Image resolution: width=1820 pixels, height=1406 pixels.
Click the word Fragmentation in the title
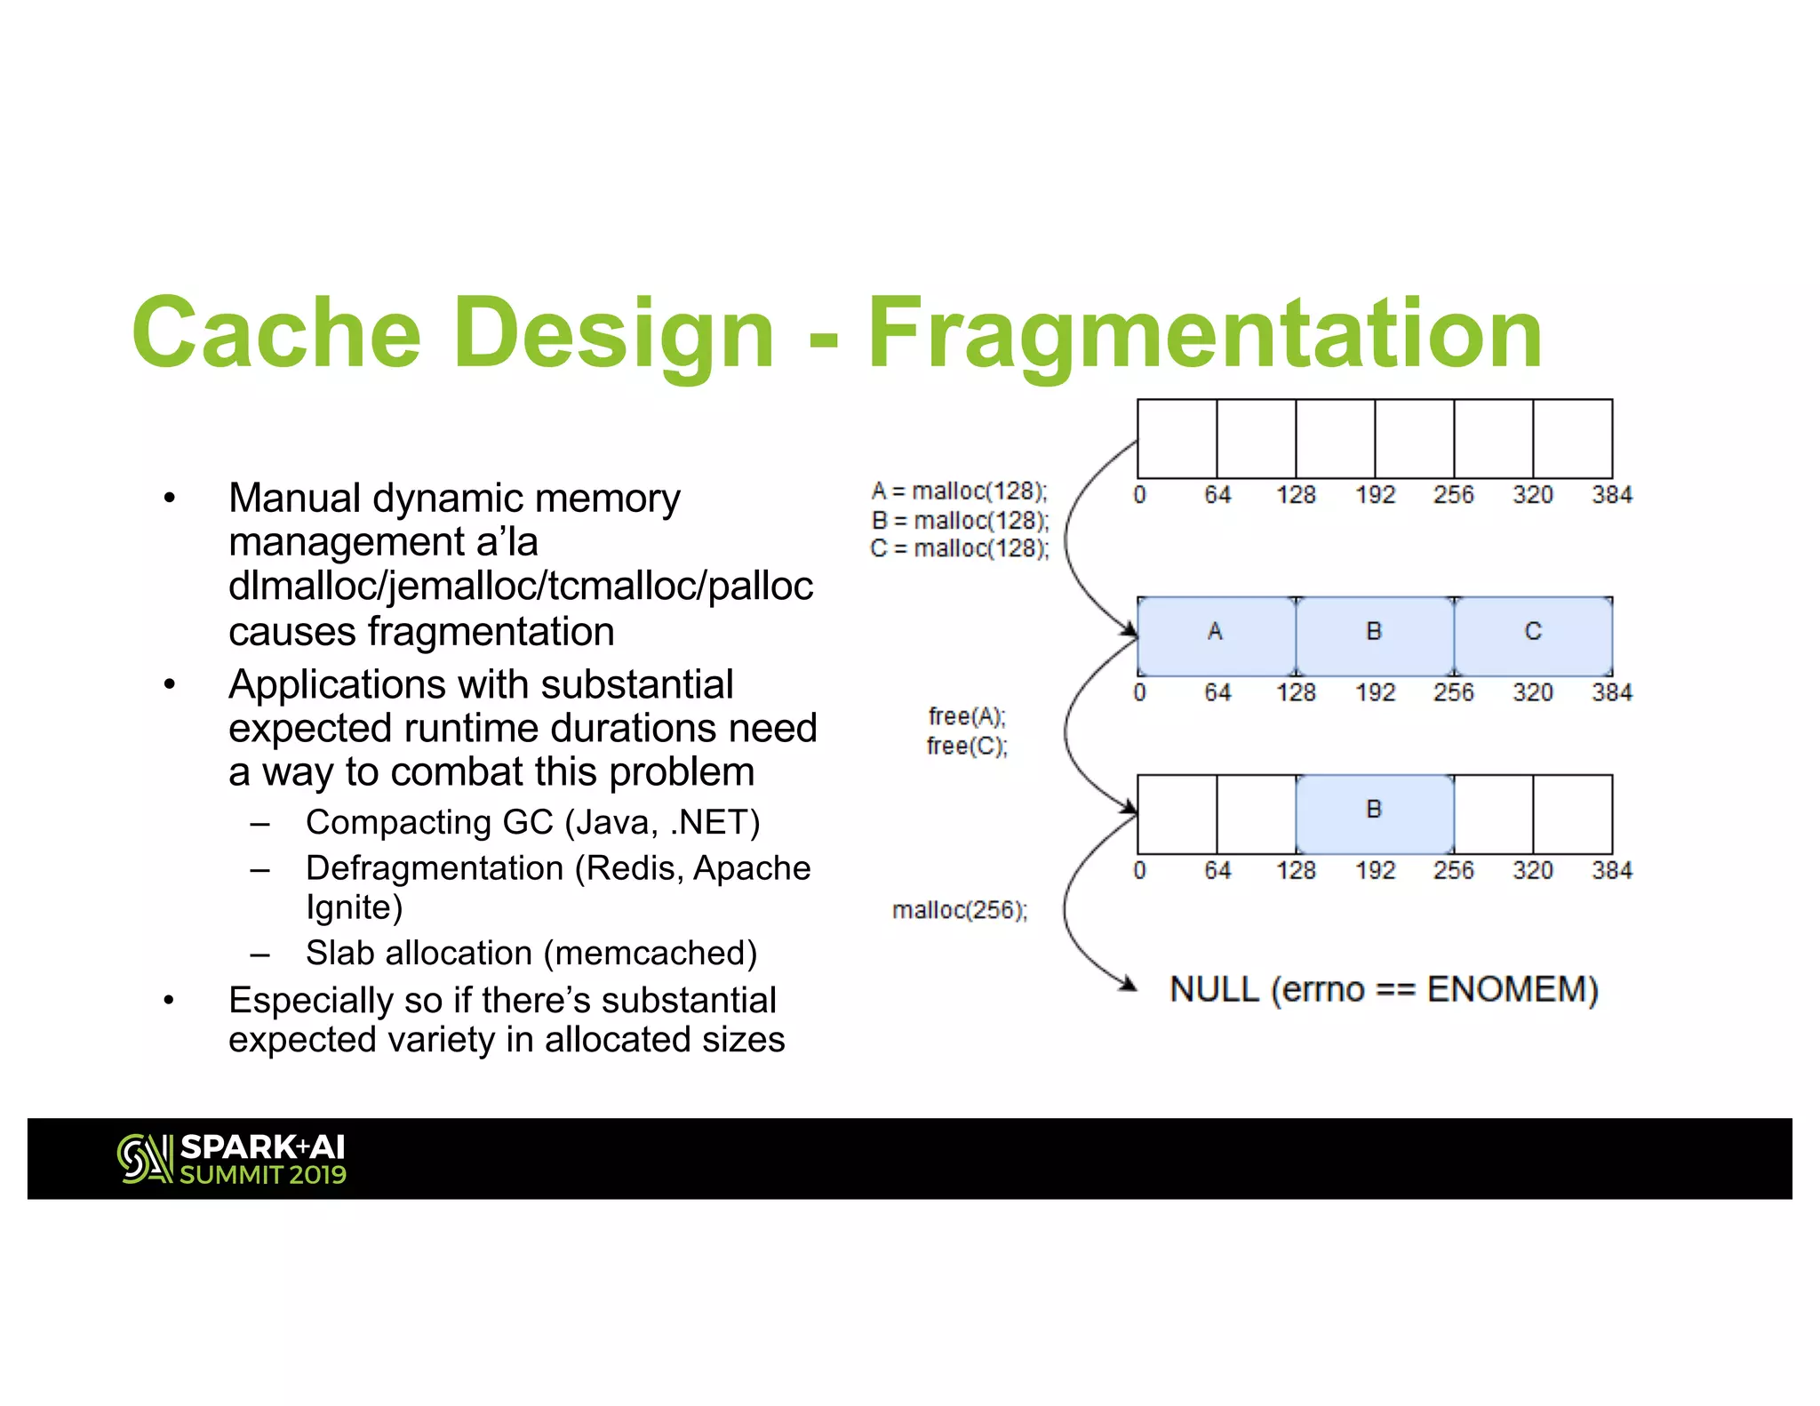click(1204, 333)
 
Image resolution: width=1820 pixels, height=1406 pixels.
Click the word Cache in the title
click(275, 333)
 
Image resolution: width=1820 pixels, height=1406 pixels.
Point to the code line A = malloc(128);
click(960, 491)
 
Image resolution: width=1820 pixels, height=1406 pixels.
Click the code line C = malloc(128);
click(960, 548)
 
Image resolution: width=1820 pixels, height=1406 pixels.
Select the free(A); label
click(967, 716)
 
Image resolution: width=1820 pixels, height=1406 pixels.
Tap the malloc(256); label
click(960, 910)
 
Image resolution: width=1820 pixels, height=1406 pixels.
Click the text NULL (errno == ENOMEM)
click(1384, 989)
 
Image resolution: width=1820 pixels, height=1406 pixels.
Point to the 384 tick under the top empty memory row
click(1611, 495)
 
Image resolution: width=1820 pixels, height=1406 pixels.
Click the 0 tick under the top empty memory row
click(1140, 495)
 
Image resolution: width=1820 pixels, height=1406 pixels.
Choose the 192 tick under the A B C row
click(1375, 692)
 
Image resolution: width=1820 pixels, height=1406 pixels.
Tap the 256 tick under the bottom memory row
click(1453, 870)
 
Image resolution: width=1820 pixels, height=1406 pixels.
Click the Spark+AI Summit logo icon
click(144, 1159)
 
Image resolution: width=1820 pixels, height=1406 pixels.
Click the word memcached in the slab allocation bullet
click(650, 954)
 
